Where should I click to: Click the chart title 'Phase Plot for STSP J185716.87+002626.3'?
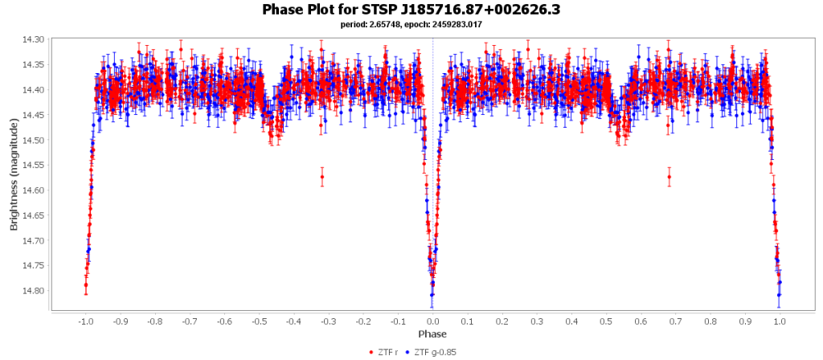pyautogui.click(x=411, y=10)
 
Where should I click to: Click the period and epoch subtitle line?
pyautogui.click(x=411, y=25)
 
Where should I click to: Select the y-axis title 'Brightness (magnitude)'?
pyautogui.click(x=14, y=174)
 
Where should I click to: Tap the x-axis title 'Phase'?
pyautogui.click(x=432, y=333)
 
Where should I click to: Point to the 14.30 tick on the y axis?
pyautogui.click(x=35, y=39)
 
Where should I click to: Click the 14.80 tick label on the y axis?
pyautogui.click(x=35, y=291)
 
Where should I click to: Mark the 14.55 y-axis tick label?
pyautogui.click(x=35, y=165)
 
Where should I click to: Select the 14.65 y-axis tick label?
pyautogui.click(x=35, y=215)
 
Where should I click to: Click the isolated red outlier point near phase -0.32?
pyautogui.click(x=321, y=177)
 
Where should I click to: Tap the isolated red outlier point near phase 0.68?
pyautogui.click(x=669, y=177)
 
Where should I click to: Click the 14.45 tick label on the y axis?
pyautogui.click(x=35, y=115)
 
